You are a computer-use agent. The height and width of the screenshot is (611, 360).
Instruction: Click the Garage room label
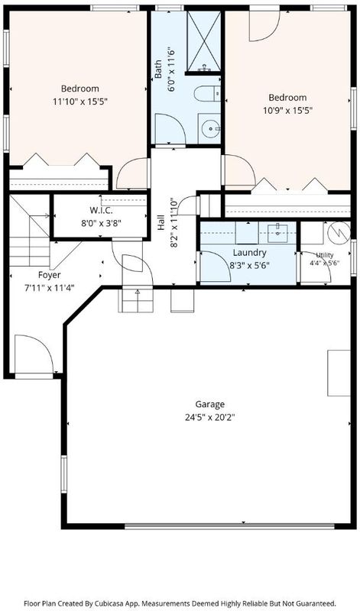click(x=210, y=404)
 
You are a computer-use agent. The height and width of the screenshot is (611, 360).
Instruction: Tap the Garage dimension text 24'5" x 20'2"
click(x=210, y=418)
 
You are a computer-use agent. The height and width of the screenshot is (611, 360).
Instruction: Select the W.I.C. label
click(x=101, y=211)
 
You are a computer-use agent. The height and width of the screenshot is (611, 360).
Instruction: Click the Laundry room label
click(x=250, y=253)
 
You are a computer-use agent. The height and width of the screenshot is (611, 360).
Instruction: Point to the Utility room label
click(x=325, y=255)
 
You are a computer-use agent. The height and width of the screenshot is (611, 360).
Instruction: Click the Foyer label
click(x=50, y=275)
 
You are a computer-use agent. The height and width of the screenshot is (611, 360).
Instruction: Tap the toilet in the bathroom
click(x=207, y=93)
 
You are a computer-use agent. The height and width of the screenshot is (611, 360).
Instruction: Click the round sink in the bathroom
click(x=211, y=128)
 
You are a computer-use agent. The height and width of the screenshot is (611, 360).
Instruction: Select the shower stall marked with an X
click(x=203, y=41)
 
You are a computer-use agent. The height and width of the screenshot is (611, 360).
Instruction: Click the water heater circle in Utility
click(x=338, y=232)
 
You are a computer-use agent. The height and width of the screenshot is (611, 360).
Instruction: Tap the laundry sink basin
click(x=277, y=233)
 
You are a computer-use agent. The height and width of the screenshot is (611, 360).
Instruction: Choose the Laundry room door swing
click(x=216, y=267)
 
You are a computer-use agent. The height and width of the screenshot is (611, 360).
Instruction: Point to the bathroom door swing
click(x=170, y=129)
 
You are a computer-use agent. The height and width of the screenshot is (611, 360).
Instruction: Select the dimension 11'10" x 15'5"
click(x=80, y=102)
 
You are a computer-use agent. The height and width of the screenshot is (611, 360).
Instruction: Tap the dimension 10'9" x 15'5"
click(x=288, y=110)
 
